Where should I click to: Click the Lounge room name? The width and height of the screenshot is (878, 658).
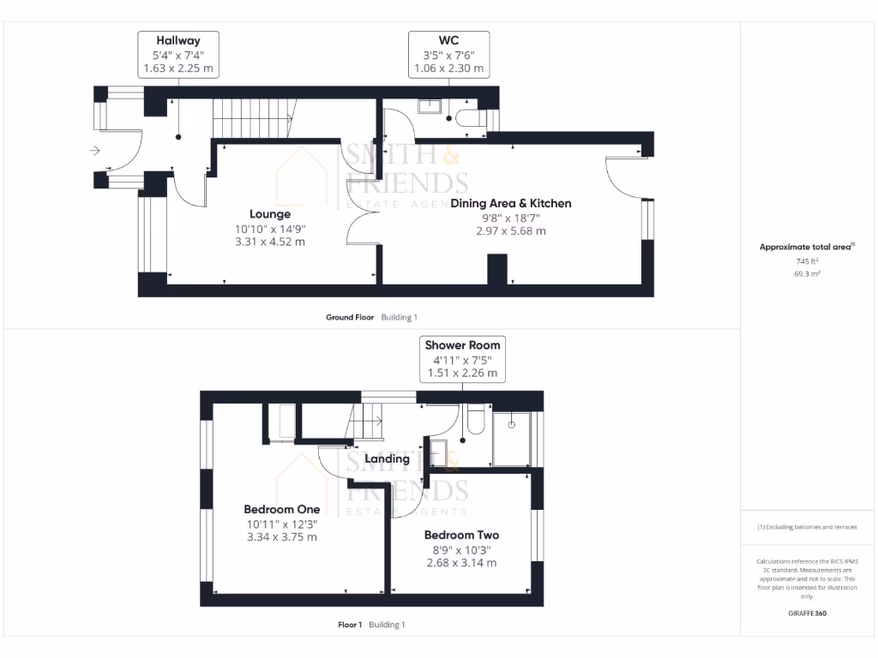tap(270, 214)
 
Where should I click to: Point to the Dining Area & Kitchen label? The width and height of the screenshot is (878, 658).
tap(511, 203)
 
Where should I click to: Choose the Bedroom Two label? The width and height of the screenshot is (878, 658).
tap(461, 535)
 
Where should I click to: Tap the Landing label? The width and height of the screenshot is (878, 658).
tap(387, 459)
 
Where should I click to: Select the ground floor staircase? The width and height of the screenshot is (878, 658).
tap(254, 117)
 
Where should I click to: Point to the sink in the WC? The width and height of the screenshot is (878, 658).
tap(429, 106)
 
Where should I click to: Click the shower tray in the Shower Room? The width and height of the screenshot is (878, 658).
tap(512, 439)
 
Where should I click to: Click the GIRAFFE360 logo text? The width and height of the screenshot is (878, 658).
tap(807, 613)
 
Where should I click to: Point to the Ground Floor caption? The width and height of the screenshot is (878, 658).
tap(350, 317)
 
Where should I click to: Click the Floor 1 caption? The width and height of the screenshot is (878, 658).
tap(351, 625)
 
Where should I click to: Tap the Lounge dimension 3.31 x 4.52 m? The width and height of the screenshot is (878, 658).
tap(270, 242)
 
